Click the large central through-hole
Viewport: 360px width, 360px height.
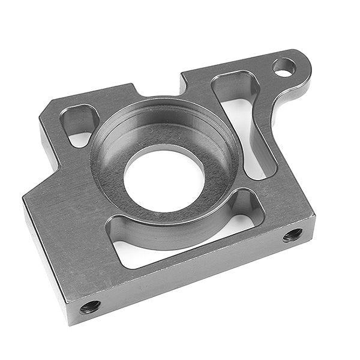click(x=163, y=179)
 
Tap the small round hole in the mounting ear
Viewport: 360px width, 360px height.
click(x=284, y=67)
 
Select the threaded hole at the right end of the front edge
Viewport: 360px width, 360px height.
click(x=293, y=234)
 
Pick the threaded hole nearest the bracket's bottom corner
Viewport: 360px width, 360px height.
click(x=90, y=307)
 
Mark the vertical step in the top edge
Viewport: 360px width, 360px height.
click(x=184, y=84)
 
